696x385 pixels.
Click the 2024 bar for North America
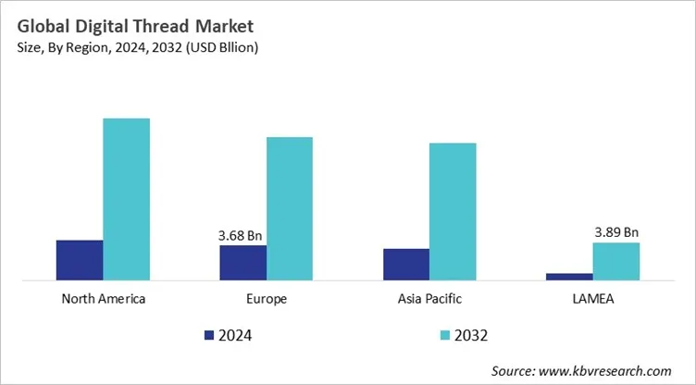[80, 259]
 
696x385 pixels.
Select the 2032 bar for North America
[126, 199]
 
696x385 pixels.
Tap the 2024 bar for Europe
[242, 262]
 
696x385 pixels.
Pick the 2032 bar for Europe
[290, 208]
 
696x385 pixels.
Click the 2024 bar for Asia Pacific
[406, 264]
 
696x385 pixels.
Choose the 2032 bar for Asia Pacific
[453, 211]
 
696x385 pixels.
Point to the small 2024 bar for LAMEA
[569, 276]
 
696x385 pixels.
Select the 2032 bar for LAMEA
[616, 261]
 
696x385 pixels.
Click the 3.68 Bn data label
[242, 235]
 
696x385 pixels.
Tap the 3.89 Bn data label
[616, 232]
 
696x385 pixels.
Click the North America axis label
[103, 299]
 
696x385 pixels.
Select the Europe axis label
[267, 299]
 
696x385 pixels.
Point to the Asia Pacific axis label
[429, 299]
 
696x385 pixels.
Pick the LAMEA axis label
[593, 299]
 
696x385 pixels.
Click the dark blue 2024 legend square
[208, 334]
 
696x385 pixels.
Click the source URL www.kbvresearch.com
[608, 370]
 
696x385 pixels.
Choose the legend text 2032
[471, 334]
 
